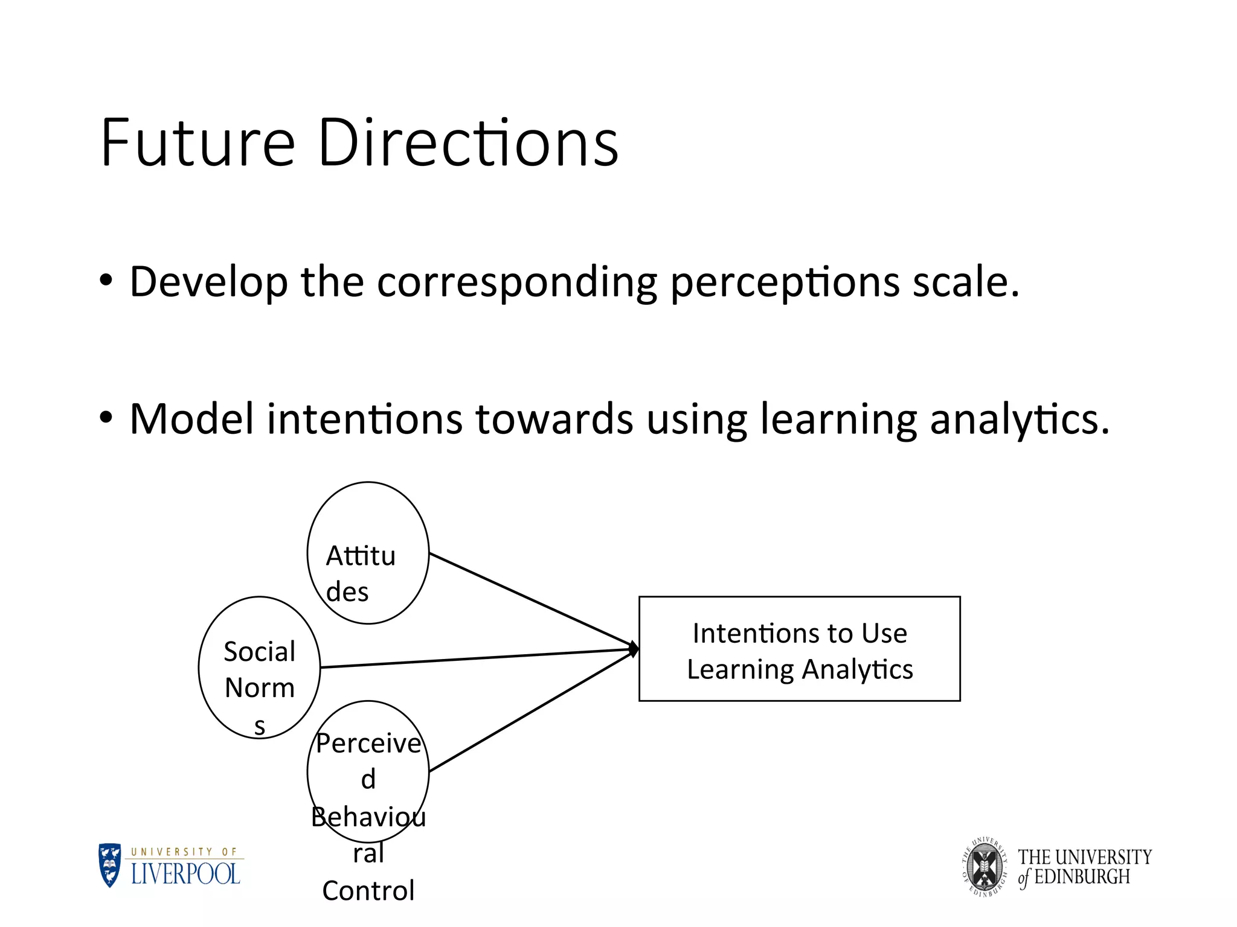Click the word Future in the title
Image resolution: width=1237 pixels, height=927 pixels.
pos(197,144)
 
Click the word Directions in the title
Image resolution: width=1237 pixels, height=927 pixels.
pos(467,144)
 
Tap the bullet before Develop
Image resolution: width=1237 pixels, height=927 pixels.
pos(106,281)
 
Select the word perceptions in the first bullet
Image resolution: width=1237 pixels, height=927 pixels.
pos(785,282)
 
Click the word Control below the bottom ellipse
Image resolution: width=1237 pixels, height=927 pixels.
pos(368,891)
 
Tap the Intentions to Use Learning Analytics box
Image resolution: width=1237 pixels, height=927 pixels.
pos(799,649)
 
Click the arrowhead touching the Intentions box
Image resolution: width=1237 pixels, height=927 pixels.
pos(634,649)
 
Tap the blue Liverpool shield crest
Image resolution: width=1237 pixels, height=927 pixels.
pos(110,865)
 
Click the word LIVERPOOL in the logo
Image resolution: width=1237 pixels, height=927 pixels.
pos(186,874)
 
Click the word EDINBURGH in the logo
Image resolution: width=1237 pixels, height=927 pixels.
pos(1081,877)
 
